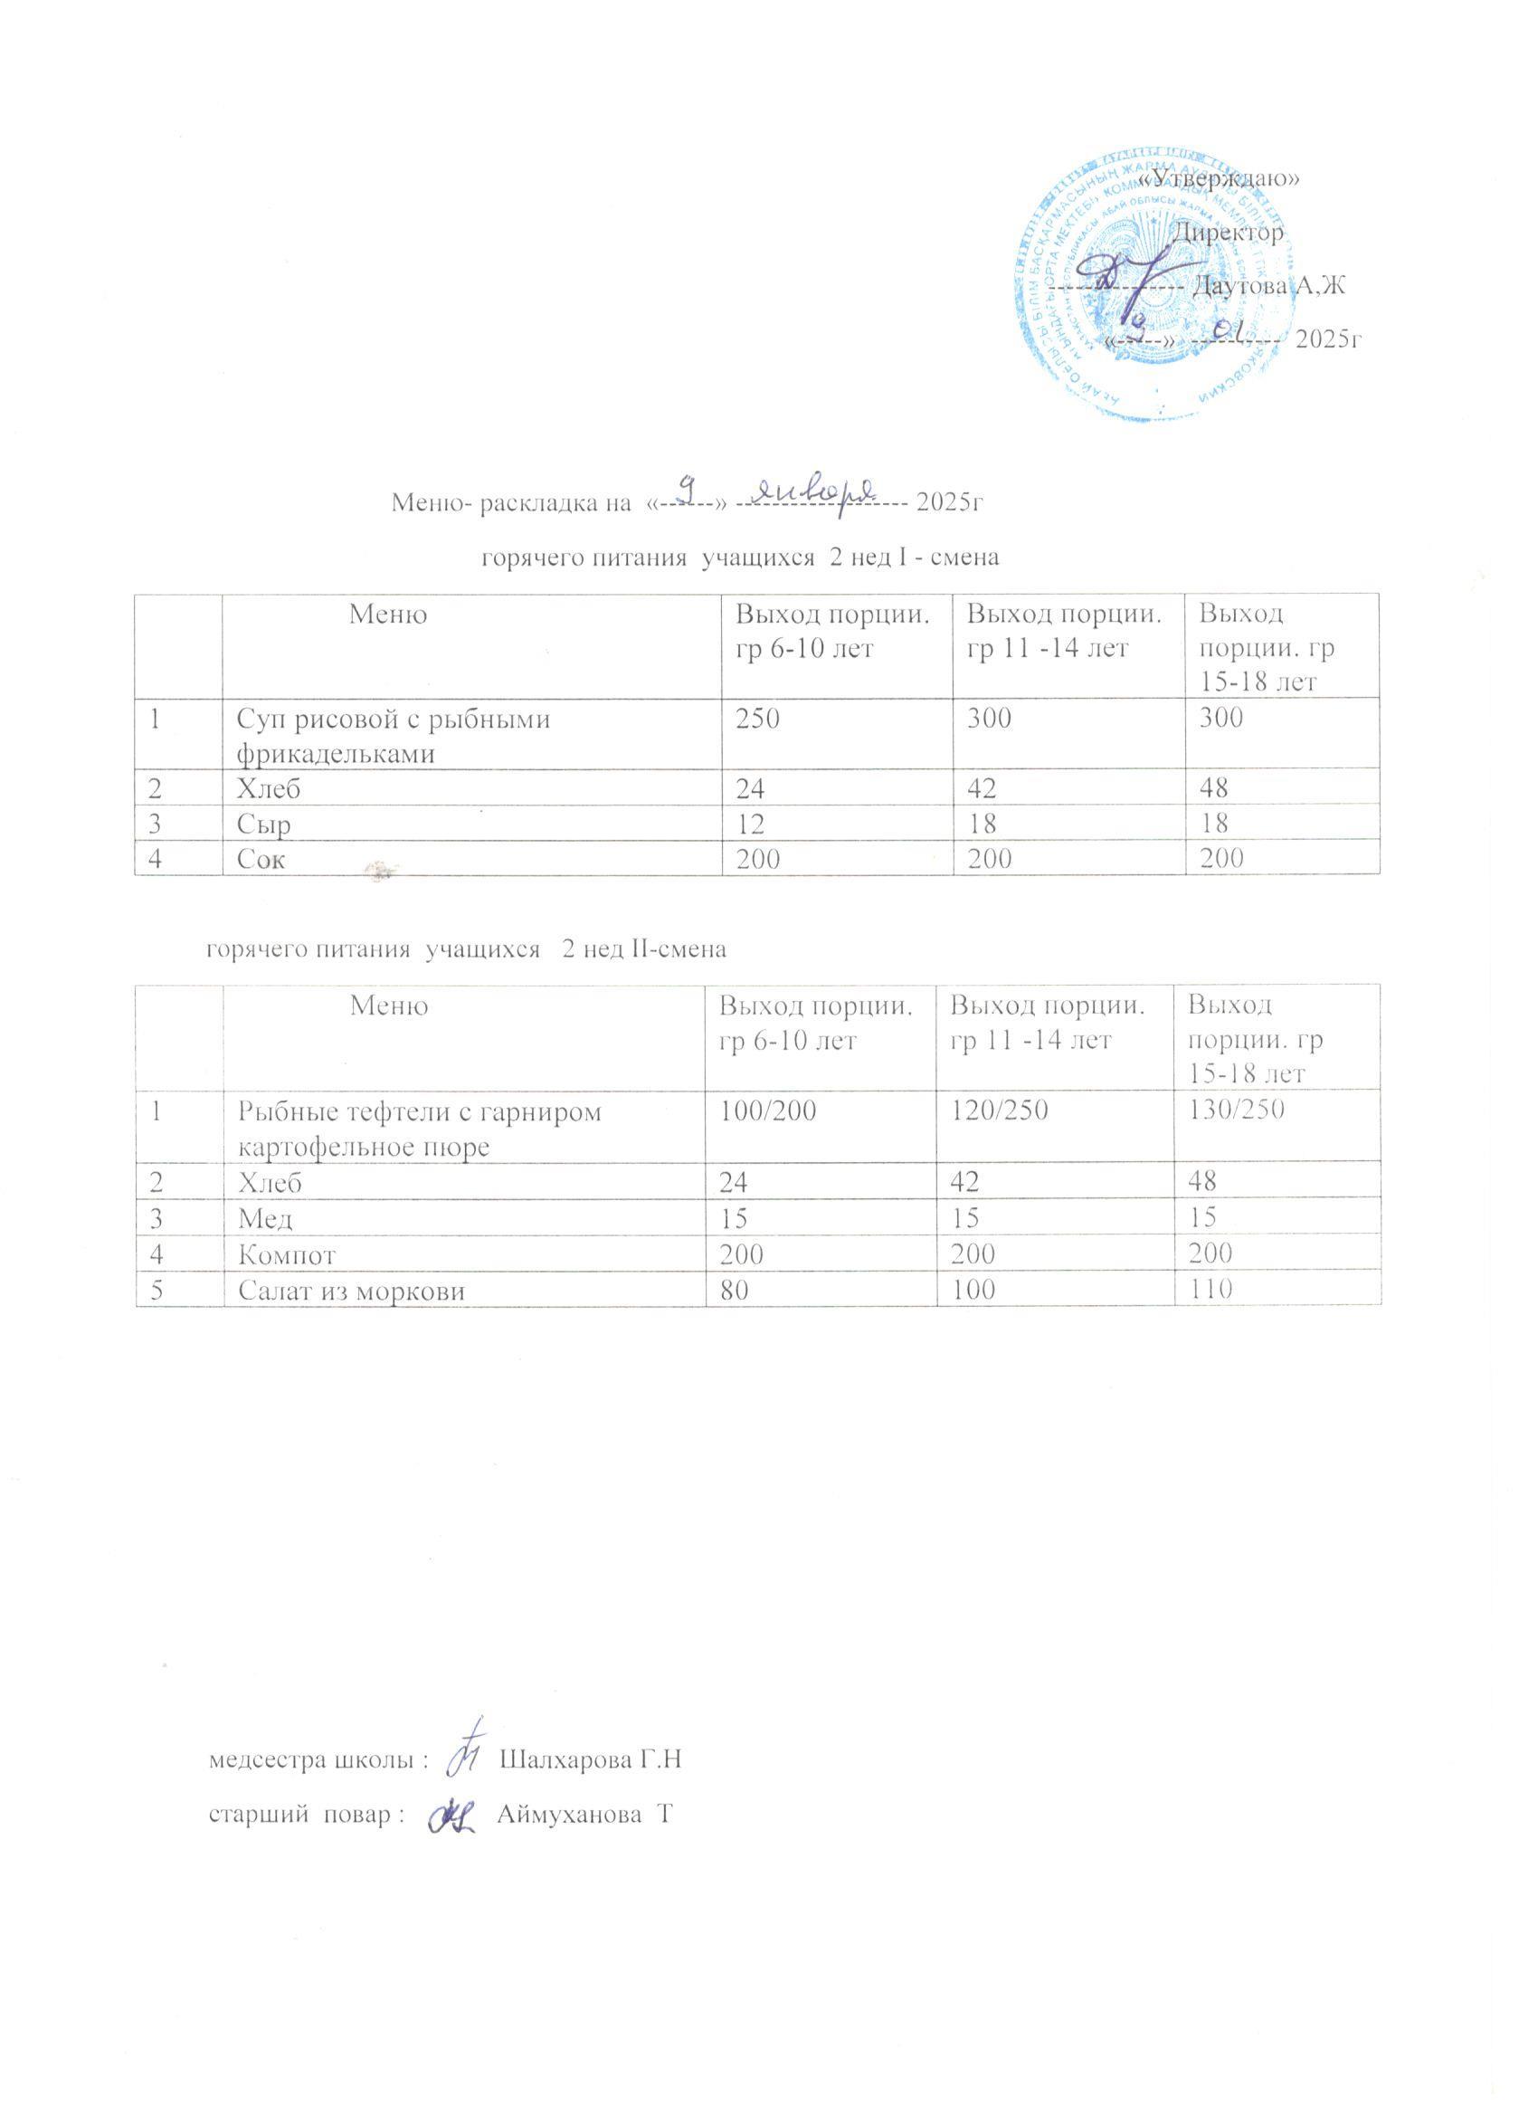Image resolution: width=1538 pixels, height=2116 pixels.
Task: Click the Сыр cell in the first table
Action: pos(265,824)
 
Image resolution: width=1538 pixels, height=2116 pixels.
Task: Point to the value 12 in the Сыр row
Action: pos(748,824)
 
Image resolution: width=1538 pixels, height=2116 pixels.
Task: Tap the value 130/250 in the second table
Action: pos(1235,1110)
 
